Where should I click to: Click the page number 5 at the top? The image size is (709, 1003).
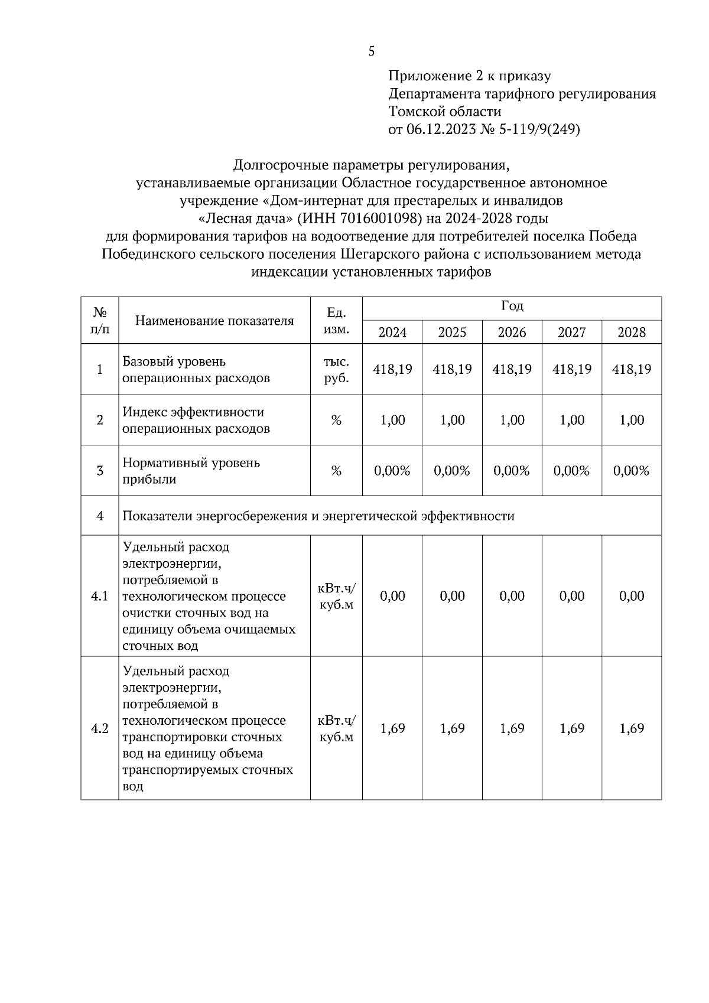(x=371, y=51)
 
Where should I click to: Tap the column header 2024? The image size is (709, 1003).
(x=392, y=332)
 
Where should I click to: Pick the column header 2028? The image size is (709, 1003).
(x=631, y=332)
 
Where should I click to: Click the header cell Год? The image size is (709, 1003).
(x=512, y=306)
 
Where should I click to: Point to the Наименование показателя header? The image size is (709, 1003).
(x=214, y=321)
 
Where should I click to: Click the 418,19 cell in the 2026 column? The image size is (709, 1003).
(x=512, y=369)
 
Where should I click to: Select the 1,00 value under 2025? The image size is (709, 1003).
(x=452, y=420)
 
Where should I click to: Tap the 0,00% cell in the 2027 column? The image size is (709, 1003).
(x=571, y=471)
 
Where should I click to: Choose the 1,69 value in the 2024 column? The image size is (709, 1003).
(x=392, y=728)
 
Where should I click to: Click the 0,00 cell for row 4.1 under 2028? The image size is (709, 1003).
(x=631, y=596)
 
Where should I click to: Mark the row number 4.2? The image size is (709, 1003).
(x=99, y=728)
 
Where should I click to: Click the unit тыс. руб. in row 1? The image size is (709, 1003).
(x=336, y=370)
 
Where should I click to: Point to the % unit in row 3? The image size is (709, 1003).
(x=336, y=471)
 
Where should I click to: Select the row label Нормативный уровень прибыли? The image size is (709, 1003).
(x=191, y=471)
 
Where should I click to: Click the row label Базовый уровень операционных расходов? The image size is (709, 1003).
(x=196, y=370)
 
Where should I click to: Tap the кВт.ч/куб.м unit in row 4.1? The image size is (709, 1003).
(x=336, y=596)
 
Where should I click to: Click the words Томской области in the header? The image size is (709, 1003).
(x=444, y=112)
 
